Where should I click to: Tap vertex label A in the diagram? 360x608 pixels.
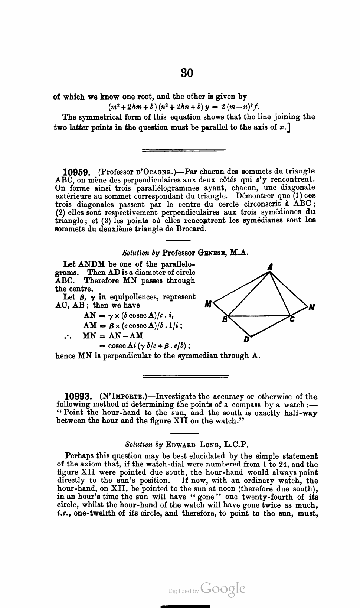(271, 266)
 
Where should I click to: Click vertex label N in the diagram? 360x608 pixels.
(312, 308)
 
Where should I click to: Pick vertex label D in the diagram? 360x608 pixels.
(246, 339)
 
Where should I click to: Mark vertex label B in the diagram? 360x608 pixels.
(224, 319)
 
